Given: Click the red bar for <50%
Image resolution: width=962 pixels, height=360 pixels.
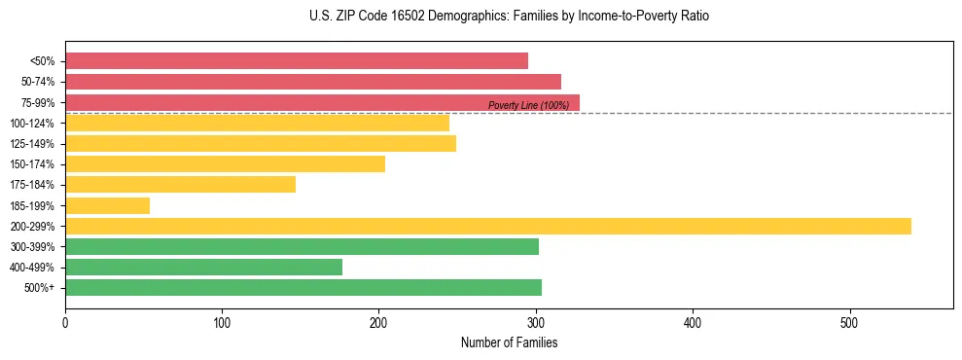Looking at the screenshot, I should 297,60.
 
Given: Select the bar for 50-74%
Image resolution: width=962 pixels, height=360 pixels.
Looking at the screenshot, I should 313,82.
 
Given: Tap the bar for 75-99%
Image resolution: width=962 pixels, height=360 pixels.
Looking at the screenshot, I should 322,102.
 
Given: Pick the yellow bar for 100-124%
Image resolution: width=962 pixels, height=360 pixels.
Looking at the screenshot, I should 257,123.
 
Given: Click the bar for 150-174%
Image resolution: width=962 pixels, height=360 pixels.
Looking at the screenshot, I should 225,163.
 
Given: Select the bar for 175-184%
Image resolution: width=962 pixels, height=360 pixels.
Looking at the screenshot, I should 180,185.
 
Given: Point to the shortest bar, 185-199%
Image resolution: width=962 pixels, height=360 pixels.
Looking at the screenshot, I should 107,205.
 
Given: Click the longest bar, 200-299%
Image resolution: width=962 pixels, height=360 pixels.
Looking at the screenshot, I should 488,226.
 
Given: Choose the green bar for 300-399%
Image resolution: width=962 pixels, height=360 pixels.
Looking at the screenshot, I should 302,247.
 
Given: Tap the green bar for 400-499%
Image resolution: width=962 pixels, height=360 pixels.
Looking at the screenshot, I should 203,268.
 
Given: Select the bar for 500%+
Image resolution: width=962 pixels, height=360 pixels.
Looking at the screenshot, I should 303,288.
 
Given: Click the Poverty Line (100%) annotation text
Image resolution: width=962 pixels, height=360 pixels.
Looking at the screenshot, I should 528,105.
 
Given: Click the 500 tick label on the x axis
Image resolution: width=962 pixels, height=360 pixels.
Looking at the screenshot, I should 849,320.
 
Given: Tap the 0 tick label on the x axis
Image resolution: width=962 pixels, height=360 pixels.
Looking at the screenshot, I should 65,320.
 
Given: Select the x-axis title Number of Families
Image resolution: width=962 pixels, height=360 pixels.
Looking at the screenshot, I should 509,342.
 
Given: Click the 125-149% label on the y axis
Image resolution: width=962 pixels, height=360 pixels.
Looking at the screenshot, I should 31,144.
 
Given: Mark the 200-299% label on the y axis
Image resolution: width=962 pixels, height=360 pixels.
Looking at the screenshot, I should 31,227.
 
